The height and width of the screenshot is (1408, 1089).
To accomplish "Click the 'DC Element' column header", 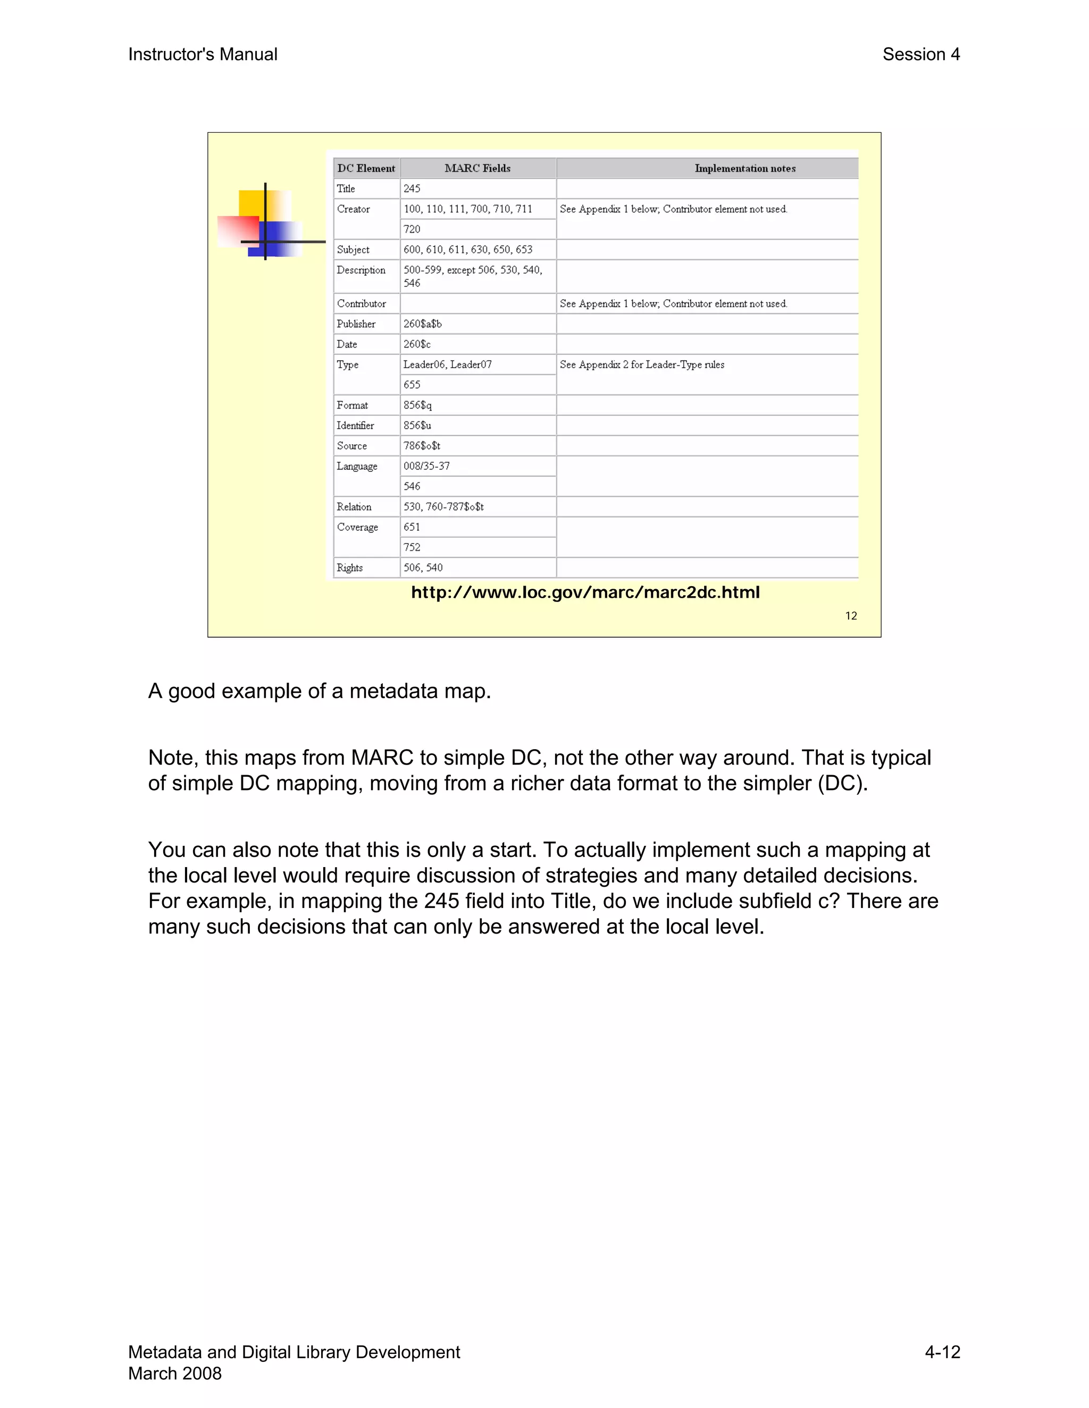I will click(366, 168).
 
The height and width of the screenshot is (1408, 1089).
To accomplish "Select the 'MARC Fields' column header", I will click(478, 168).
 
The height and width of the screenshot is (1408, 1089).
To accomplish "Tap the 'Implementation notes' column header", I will click(744, 168).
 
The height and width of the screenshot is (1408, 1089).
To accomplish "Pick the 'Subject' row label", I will click(353, 250).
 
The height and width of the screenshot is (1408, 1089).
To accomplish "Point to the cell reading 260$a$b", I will click(423, 324).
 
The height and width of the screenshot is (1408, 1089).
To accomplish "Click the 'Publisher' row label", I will click(356, 324).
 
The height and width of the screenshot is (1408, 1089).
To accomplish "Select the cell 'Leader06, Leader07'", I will click(448, 364).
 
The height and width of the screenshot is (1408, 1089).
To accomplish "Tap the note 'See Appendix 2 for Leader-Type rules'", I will click(642, 365).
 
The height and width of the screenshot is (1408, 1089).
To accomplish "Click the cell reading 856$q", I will click(417, 405).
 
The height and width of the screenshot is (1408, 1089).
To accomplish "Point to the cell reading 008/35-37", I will click(426, 466).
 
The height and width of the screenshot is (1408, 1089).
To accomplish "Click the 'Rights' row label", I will click(350, 567).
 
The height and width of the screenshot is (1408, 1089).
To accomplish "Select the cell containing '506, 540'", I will click(423, 567).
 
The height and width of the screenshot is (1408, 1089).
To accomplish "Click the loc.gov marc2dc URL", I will click(585, 592).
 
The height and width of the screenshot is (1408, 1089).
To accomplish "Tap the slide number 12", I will click(851, 616).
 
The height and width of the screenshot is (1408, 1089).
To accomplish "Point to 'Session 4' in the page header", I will click(920, 55).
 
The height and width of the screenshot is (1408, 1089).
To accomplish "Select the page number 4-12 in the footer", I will click(943, 1352).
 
